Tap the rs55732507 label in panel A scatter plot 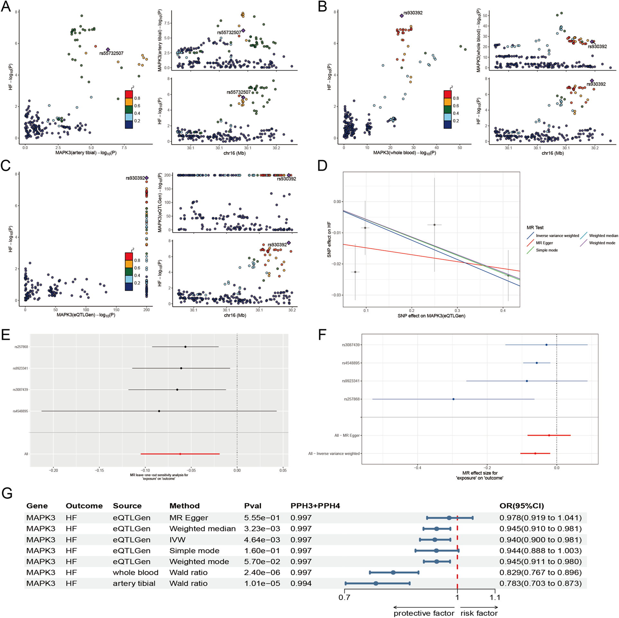tap(111, 53)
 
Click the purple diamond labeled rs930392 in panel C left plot tap(147, 178)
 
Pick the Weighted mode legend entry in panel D tap(602, 243)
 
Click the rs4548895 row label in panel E tap(20, 411)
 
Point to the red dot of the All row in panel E tap(180, 454)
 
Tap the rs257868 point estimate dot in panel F tap(453, 399)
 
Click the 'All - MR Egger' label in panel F tap(347, 435)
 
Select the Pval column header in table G tap(252, 506)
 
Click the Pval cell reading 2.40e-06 tap(262, 572)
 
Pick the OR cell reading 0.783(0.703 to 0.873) tap(540, 583)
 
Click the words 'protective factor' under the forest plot tap(423, 613)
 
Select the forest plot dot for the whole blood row tap(393, 572)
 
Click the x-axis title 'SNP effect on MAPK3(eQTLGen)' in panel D tap(431, 316)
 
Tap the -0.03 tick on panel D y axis tap(336, 295)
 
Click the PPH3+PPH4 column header tap(315, 506)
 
